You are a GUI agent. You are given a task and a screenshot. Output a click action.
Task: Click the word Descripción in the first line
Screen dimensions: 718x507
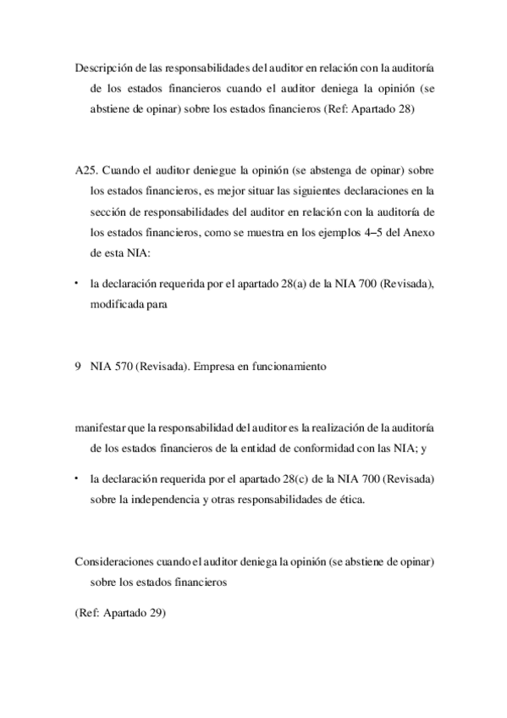[x=100, y=69]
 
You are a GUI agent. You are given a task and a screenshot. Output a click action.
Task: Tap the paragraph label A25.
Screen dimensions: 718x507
[x=85, y=169]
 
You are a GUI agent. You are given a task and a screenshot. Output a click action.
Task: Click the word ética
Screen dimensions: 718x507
[x=351, y=500]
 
